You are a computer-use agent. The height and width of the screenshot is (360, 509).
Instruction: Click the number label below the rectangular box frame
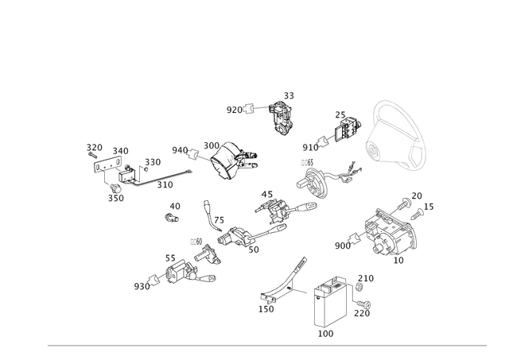325,335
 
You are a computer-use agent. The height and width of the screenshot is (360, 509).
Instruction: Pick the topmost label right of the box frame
365,277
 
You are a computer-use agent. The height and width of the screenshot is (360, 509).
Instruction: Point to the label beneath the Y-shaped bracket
267,308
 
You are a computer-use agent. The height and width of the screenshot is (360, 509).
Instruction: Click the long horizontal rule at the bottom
266,346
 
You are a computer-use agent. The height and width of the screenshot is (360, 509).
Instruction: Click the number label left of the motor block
342,246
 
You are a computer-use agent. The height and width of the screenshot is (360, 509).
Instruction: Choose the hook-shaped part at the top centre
280,118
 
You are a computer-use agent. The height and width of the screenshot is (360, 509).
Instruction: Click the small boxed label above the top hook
289,95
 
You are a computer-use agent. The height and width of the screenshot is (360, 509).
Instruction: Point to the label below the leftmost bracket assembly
116,198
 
